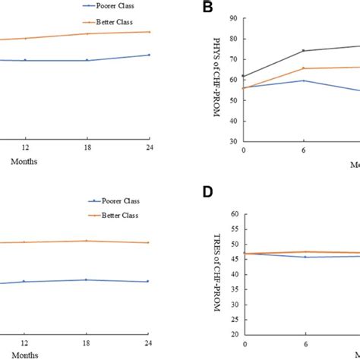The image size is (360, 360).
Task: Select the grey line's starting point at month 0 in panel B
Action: tap(244, 76)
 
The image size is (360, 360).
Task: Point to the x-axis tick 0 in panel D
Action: tap(244, 343)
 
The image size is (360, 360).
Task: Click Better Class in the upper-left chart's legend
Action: tap(128, 21)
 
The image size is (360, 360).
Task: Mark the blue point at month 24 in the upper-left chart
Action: tap(149, 55)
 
